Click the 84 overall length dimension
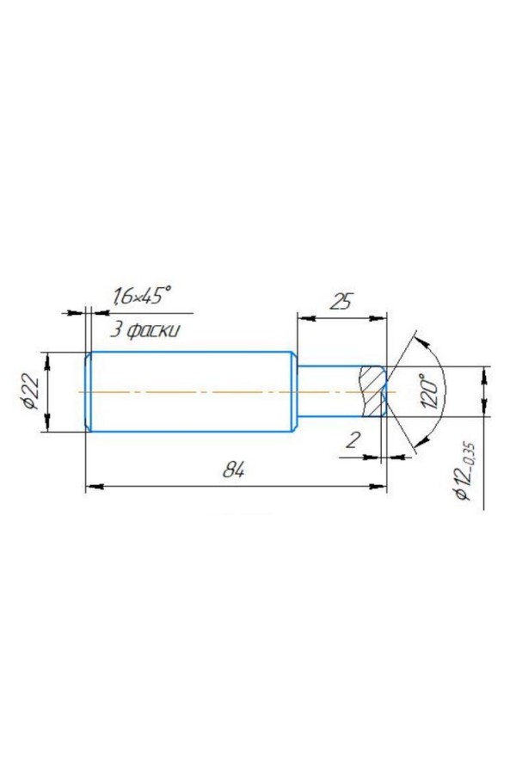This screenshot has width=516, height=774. pyautogui.click(x=234, y=470)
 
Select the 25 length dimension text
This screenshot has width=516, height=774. pyautogui.click(x=341, y=301)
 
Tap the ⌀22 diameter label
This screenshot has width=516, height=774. pyautogui.click(x=31, y=391)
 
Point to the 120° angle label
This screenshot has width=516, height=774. pyautogui.click(x=431, y=391)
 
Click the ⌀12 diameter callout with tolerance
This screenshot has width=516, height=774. pyautogui.click(x=465, y=471)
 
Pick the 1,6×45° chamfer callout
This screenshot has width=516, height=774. pyautogui.click(x=142, y=296)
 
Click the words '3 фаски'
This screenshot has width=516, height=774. pyautogui.click(x=144, y=329)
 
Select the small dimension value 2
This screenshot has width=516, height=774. pyautogui.click(x=352, y=439)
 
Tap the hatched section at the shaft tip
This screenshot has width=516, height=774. pyautogui.click(x=374, y=391)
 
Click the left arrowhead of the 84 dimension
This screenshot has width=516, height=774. pyautogui.click(x=94, y=487)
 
